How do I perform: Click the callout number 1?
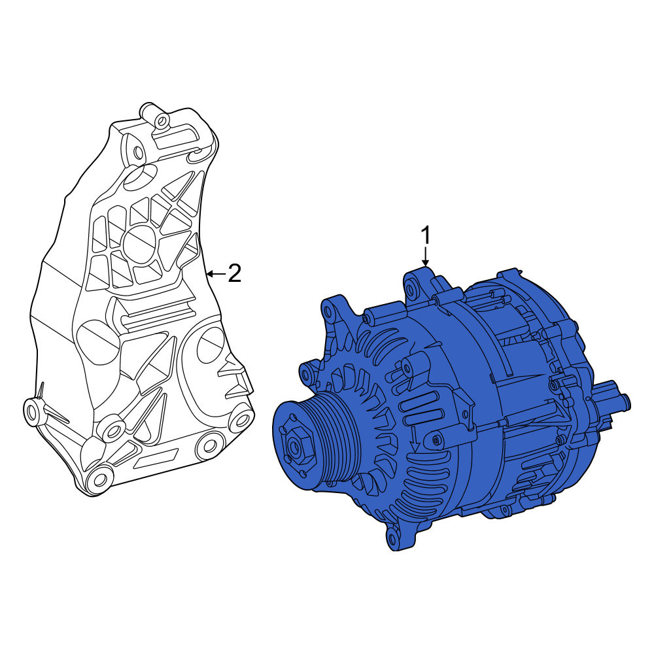click(426, 235)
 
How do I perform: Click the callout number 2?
click(234, 273)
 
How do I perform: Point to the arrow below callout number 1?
click(425, 256)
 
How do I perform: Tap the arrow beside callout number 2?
click(216, 273)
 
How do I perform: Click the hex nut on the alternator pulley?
click(296, 447)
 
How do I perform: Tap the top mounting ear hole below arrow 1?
click(411, 288)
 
